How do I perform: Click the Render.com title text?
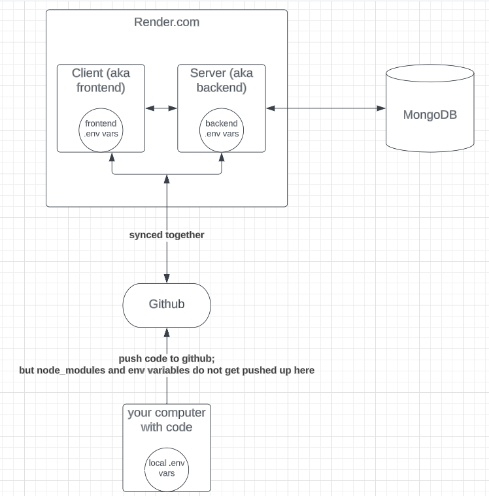point(167,22)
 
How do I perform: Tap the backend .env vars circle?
point(222,129)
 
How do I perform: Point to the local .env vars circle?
point(167,468)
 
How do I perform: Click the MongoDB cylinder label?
point(430,116)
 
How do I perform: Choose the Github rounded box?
point(167,305)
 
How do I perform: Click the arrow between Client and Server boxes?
point(161,108)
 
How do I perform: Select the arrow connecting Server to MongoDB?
point(326,108)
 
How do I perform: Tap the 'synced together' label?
point(167,234)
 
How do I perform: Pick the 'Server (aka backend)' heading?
point(222,80)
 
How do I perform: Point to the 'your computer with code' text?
point(167,420)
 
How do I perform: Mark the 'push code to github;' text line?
point(167,358)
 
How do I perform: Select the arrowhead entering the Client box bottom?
point(112,157)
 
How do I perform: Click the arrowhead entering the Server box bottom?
point(222,157)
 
